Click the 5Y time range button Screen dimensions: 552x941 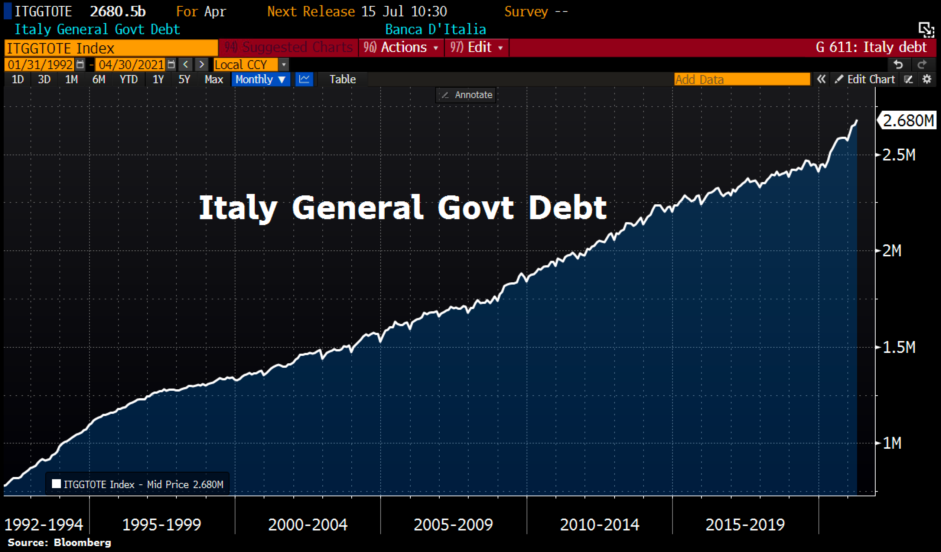click(x=184, y=79)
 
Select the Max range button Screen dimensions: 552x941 click(x=214, y=79)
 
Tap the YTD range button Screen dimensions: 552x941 click(x=128, y=79)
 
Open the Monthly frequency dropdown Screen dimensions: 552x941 click(x=260, y=79)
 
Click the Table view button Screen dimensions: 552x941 click(x=342, y=79)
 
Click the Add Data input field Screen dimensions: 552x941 click(x=741, y=79)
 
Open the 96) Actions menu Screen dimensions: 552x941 click(x=401, y=48)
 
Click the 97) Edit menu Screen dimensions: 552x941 click(x=476, y=48)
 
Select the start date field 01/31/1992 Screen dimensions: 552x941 click(x=40, y=65)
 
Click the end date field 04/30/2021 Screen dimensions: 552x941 click(x=131, y=65)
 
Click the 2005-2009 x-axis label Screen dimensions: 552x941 click(x=453, y=525)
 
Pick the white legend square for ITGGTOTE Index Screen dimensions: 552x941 click(x=56, y=484)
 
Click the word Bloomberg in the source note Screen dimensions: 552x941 click(x=82, y=542)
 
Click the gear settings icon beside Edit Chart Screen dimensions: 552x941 click(x=927, y=79)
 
